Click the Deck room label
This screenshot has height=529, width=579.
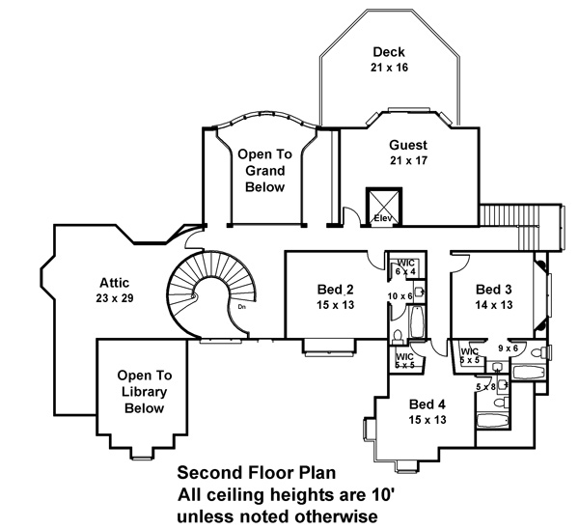point(389,52)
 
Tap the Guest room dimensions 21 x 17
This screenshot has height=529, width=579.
point(408,160)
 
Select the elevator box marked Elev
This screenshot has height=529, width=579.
point(384,207)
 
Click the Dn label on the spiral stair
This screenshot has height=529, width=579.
point(242,306)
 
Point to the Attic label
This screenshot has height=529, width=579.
point(115,283)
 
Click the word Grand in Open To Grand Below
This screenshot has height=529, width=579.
point(265,171)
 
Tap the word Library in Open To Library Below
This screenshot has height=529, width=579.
point(145,392)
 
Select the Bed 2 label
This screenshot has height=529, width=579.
point(335,290)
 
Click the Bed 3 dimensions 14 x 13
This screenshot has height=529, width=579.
point(494,305)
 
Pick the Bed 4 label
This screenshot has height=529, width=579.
point(427,404)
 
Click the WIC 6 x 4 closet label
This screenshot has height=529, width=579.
point(405,267)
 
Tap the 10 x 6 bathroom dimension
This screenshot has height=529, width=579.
point(400,296)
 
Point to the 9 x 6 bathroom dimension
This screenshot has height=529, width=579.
point(509,348)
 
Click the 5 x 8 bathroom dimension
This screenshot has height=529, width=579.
point(486,387)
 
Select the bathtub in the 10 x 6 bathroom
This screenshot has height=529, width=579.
point(417,321)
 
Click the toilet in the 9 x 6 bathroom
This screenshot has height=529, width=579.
point(538,352)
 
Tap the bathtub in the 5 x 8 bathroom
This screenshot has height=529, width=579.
point(492,420)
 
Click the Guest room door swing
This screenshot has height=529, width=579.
point(351,215)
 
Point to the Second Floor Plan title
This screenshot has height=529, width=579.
point(257,473)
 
